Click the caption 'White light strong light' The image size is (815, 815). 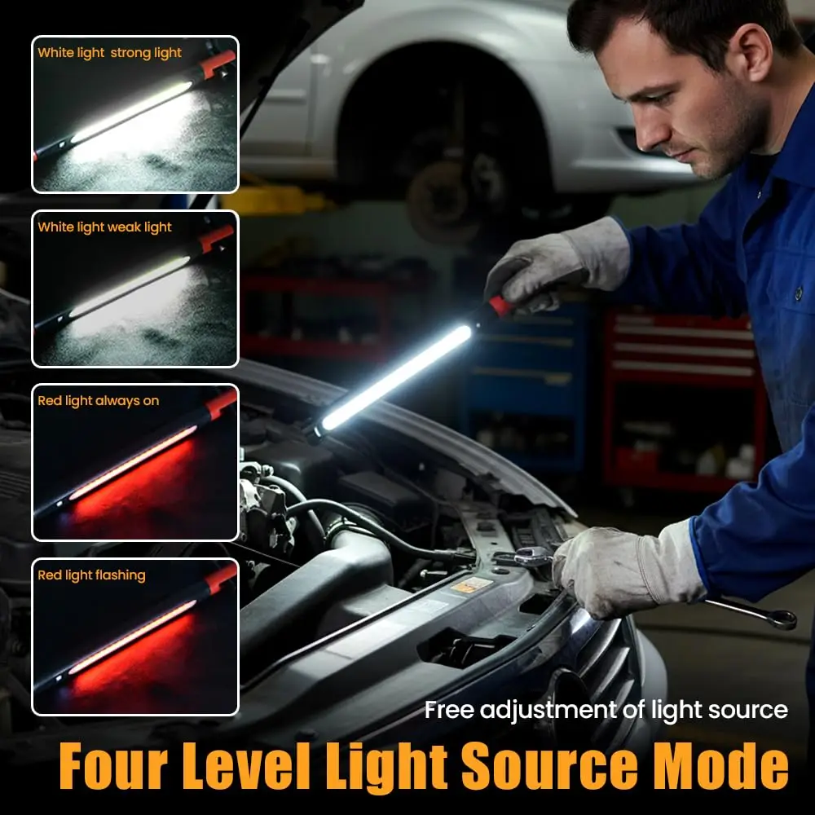[x=109, y=53]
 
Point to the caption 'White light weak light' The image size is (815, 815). [x=104, y=227]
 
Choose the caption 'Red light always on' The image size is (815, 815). [x=98, y=401]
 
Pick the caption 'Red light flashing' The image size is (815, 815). [x=91, y=575]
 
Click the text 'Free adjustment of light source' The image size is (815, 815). [x=606, y=709]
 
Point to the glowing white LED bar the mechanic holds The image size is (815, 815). [x=397, y=377]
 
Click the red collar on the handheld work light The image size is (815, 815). [x=500, y=306]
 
